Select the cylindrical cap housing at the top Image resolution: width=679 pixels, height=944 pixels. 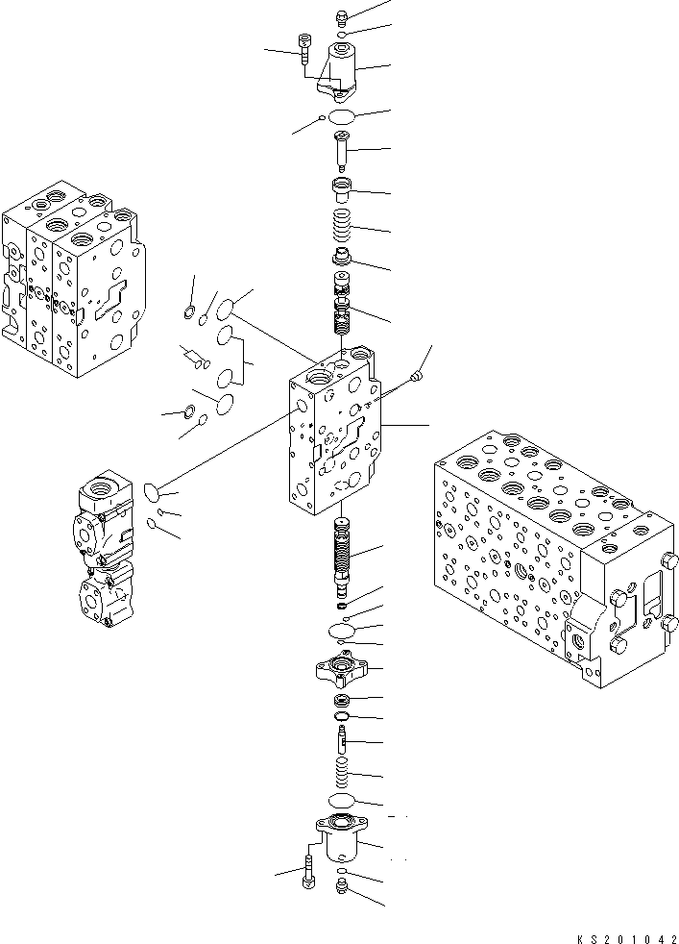point(344,67)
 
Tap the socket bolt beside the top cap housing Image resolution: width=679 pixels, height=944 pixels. point(305,48)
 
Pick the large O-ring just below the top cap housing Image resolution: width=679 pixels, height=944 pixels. point(341,117)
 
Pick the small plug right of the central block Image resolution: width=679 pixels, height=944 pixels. point(414,379)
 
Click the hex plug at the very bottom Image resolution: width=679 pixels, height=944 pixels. point(343,890)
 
